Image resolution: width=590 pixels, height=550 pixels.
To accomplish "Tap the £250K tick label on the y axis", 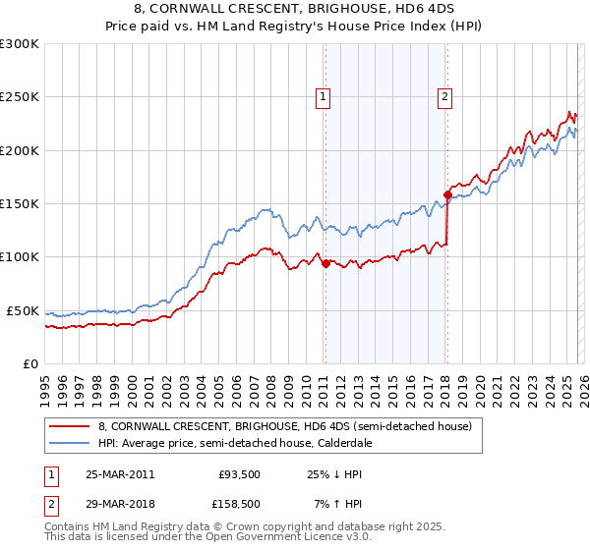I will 20,97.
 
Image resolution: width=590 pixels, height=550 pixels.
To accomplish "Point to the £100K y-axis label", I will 20,256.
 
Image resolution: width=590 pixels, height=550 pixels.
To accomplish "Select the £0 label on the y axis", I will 29,363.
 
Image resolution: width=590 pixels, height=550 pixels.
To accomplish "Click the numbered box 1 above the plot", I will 324,96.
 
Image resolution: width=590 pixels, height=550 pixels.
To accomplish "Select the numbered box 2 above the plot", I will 445,96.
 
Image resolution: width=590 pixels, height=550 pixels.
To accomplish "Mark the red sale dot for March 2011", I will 325,263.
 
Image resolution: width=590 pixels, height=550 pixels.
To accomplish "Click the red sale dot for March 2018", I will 447,194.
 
